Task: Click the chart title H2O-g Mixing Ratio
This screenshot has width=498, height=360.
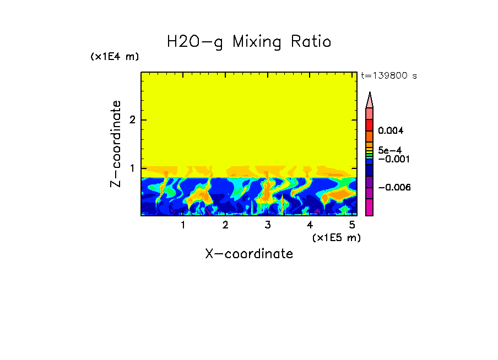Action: point(249,42)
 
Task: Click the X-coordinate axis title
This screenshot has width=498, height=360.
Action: point(249,254)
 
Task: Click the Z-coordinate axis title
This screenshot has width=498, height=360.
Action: point(116,144)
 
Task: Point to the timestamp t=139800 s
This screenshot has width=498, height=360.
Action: point(389,76)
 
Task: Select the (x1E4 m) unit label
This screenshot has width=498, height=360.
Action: point(115,57)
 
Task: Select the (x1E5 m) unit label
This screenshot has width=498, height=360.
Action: point(336,237)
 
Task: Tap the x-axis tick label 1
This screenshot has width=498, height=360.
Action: point(183,225)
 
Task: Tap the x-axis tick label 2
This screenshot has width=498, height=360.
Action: point(225,225)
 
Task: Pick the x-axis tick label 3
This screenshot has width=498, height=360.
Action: point(267,225)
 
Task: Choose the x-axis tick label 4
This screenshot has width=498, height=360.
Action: point(310,225)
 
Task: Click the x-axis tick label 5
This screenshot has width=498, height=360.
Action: point(351,225)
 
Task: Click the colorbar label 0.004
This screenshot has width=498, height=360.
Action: point(391,131)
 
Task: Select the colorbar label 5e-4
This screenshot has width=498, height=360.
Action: point(389,150)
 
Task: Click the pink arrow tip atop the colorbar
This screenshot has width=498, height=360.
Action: point(370,100)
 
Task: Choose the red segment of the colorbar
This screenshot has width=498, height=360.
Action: point(370,124)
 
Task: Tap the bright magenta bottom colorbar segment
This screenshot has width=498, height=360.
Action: point(370,207)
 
